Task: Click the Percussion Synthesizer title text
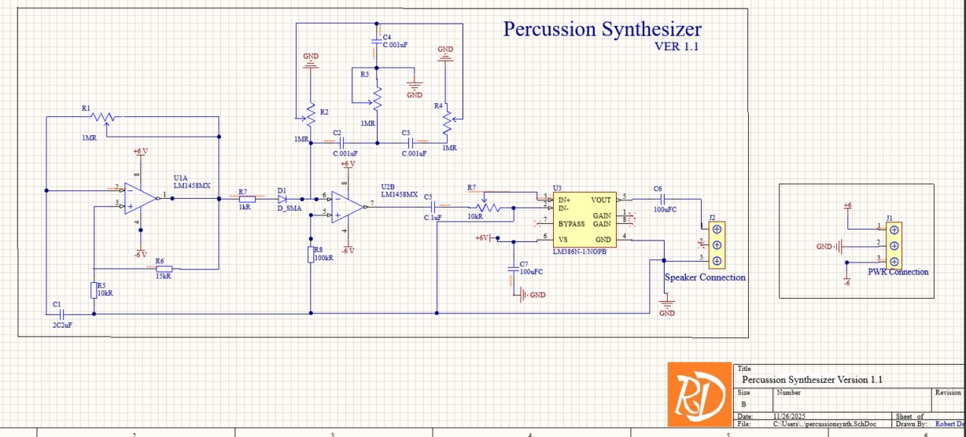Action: tap(602, 30)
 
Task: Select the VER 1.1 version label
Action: tap(677, 46)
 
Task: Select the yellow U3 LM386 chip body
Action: tap(584, 219)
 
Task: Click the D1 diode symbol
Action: tap(282, 199)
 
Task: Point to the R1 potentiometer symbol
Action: tap(103, 117)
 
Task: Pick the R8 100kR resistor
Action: tap(312, 254)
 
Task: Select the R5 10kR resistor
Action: tap(94, 289)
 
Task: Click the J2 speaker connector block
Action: tap(716, 245)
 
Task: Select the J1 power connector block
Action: tap(894, 245)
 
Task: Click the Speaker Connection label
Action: tap(705, 277)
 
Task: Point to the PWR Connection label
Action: tap(898, 272)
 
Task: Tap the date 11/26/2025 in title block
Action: tap(794, 417)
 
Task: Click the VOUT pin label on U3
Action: tap(601, 200)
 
